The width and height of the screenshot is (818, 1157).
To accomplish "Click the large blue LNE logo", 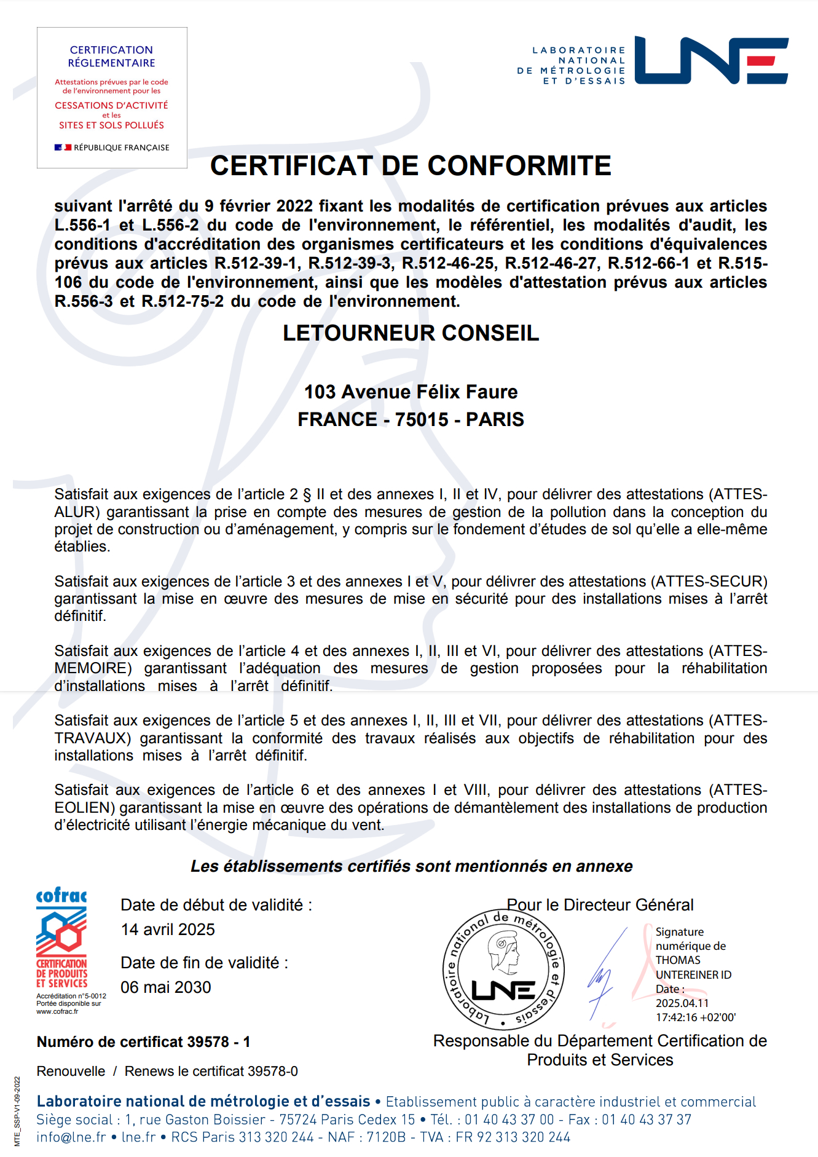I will pyautogui.click(x=711, y=60).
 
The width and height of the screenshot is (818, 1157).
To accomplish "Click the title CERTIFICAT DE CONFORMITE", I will pyautogui.click(x=411, y=166).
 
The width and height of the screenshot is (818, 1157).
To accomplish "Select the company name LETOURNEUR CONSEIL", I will pyautogui.click(x=411, y=333).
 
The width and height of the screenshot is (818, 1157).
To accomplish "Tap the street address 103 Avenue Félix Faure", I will pyautogui.click(x=411, y=392).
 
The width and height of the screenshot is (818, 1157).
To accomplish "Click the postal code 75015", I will pyautogui.click(x=422, y=420).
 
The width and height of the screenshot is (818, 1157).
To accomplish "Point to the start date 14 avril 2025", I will pyautogui.click(x=168, y=930).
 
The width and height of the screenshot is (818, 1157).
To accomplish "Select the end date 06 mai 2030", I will pyautogui.click(x=166, y=987).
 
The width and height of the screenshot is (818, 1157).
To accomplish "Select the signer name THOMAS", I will pyautogui.click(x=678, y=960).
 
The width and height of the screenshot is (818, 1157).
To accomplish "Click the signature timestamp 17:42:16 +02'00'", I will pyautogui.click(x=695, y=1017).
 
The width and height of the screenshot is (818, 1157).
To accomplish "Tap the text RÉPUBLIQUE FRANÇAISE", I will pyautogui.click(x=121, y=148).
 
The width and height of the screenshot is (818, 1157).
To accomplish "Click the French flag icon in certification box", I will pyautogui.click(x=63, y=148).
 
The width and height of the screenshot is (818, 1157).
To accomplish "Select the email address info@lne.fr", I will pyautogui.click(x=71, y=1137).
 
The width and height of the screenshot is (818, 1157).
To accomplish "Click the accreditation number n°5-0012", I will pyautogui.click(x=89, y=996).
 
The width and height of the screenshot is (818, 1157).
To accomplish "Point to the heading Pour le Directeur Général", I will pyautogui.click(x=600, y=905).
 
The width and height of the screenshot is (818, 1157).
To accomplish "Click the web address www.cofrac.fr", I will pyautogui.click(x=57, y=1011).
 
